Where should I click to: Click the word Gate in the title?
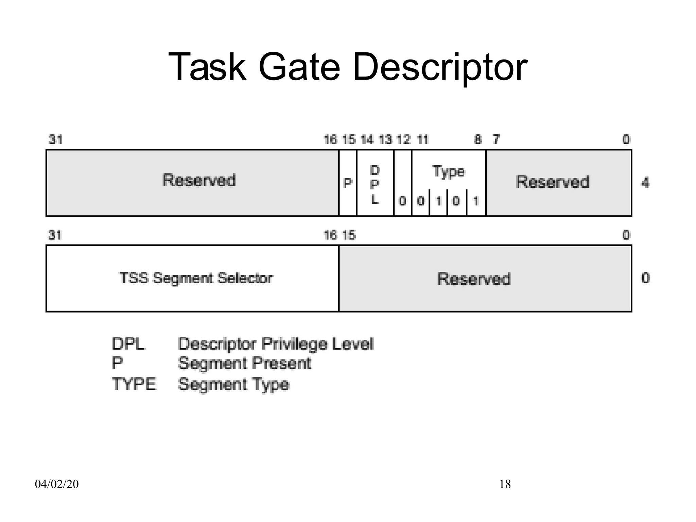(299, 67)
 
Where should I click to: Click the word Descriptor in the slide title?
(440, 67)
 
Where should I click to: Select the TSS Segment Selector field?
(196, 278)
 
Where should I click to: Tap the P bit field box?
(347, 183)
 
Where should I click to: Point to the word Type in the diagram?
(449, 172)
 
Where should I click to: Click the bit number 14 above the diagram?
(367, 140)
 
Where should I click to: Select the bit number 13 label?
(385, 140)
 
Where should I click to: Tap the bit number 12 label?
(403, 140)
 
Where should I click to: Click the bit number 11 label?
(422, 140)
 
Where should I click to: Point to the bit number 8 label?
(478, 140)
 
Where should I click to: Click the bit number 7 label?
(496, 140)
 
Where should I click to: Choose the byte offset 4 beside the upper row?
(645, 183)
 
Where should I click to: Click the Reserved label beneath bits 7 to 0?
(552, 182)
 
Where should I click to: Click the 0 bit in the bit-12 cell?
(402, 201)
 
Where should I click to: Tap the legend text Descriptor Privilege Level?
(276, 344)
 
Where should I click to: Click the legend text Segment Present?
(244, 363)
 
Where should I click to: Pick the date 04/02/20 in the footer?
(57, 484)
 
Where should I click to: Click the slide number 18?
(505, 484)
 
